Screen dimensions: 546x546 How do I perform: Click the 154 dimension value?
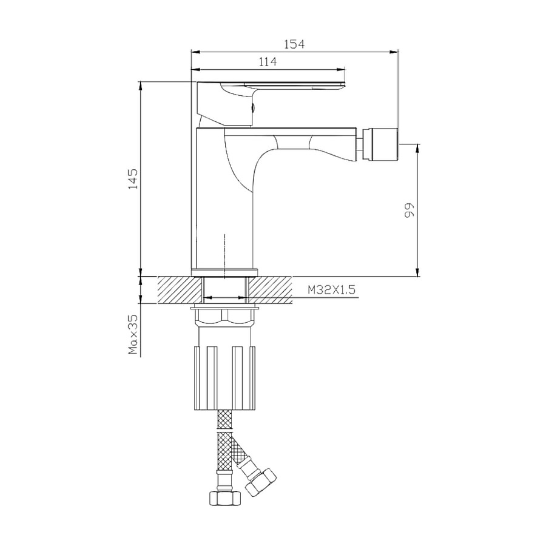tap(294, 44)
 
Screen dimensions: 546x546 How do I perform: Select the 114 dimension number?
tap(268, 62)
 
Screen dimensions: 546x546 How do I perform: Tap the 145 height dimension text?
tap(133, 179)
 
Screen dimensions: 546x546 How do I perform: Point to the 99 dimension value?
tap(409, 211)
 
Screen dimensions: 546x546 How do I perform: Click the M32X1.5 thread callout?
tap(331, 290)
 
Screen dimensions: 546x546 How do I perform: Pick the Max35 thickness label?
tap(133, 335)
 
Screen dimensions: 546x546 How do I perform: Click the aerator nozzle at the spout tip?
tap(379, 144)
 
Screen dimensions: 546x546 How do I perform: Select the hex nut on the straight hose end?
tap(224, 497)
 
